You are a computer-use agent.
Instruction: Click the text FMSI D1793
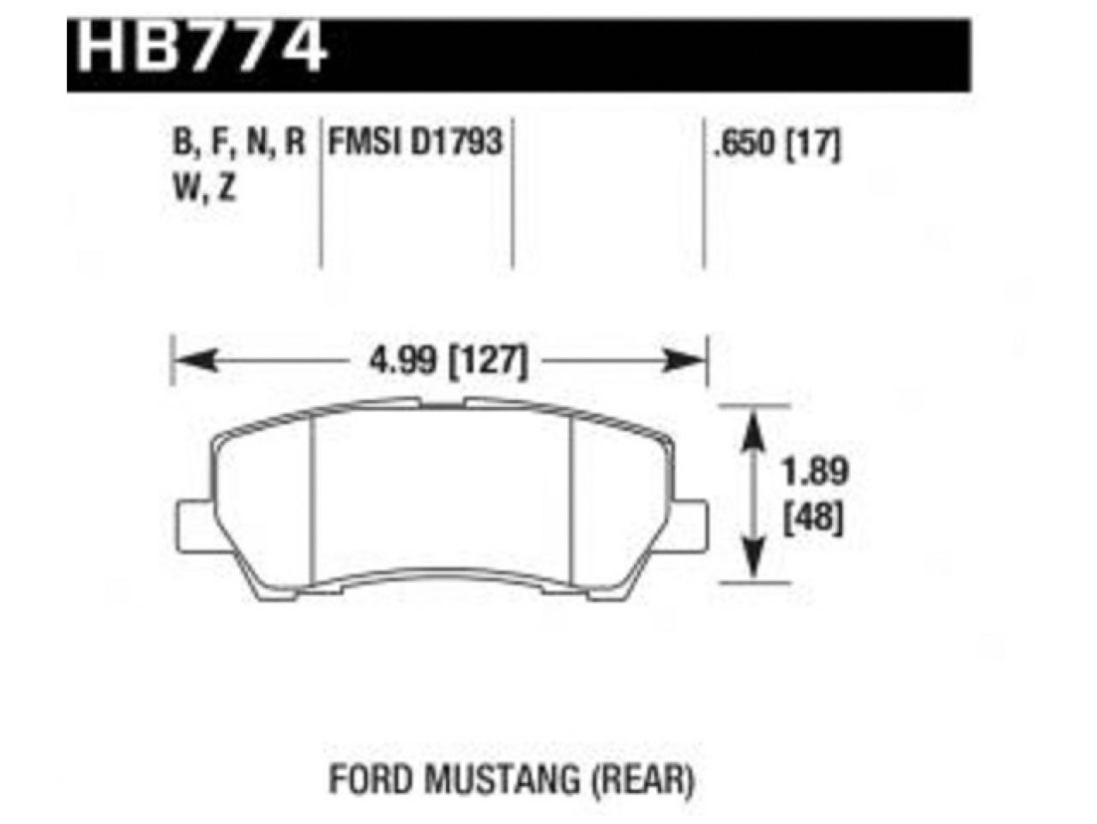(414, 142)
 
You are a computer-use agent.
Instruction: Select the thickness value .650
(741, 143)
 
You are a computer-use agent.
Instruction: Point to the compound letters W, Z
(204, 188)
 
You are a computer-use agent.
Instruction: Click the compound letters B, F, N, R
(238, 142)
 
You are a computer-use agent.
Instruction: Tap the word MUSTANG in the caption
(485, 780)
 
